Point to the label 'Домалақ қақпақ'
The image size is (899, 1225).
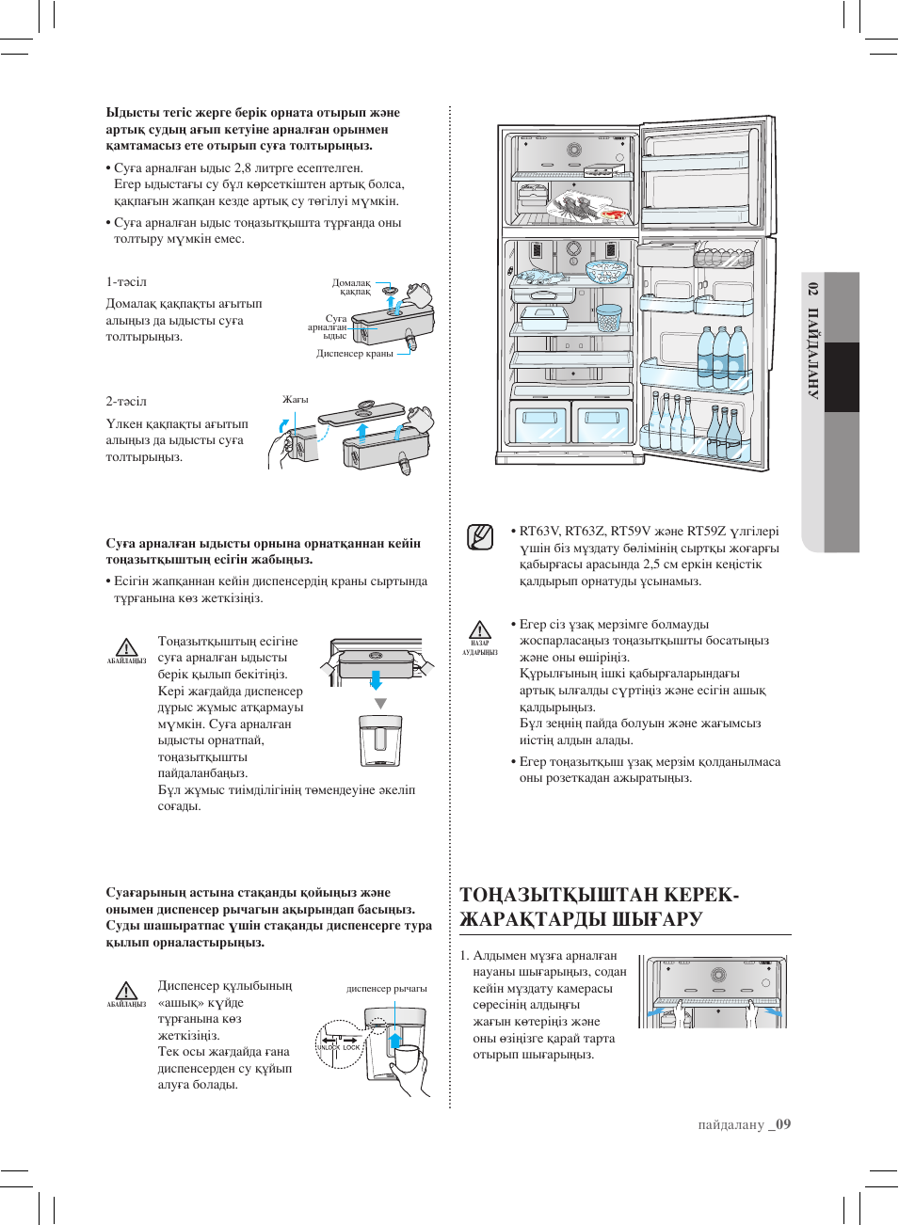point(352,287)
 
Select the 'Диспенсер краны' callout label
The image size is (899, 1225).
point(355,354)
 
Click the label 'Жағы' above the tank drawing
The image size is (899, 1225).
point(296,400)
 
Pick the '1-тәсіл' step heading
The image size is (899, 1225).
point(126,282)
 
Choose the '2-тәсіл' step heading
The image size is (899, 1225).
point(126,402)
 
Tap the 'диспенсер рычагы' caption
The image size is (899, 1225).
point(386,989)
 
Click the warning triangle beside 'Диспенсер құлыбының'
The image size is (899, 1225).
point(126,991)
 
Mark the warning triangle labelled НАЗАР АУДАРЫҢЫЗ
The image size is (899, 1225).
point(480,630)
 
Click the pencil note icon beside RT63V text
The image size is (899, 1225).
point(480,536)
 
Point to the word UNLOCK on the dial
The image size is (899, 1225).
point(328,1047)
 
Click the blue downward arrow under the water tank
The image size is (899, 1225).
point(376,679)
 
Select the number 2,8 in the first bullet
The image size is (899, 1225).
point(243,168)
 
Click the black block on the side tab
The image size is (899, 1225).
point(842,376)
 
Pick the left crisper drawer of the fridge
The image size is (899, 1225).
point(540,422)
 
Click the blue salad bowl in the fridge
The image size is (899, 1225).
point(606,271)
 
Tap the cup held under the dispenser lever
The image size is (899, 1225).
point(407,1058)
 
